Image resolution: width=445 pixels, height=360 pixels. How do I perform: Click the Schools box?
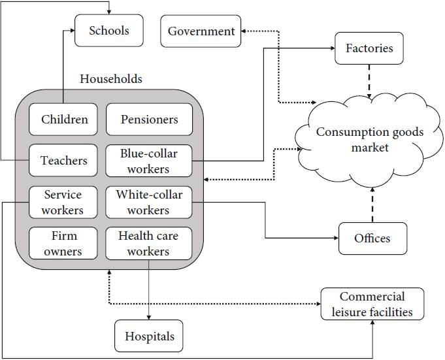[x=109, y=31]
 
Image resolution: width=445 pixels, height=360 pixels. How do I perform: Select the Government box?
[x=201, y=31]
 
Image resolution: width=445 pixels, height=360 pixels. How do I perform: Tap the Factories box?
[x=369, y=48]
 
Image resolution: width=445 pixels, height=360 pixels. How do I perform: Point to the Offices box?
[x=372, y=238]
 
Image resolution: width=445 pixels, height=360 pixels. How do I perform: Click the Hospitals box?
[x=149, y=336]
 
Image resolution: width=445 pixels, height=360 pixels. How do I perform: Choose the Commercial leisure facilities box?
[x=372, y=304]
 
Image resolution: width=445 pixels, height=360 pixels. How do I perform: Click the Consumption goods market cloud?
[x=369, y=140]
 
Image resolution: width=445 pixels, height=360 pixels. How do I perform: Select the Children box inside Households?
[x=64, y=120]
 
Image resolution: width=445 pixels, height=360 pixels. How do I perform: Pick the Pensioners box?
[x=149, y=120]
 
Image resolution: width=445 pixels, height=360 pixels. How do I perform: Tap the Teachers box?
[x=64, y=161]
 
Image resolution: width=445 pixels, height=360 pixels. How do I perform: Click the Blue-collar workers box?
[x=149, y=161]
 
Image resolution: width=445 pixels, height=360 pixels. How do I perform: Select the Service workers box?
[x=63, y=202]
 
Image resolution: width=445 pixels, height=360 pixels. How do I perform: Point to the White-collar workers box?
[x=149, y=202]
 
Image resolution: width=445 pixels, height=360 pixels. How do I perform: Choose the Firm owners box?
[x=63, y=243]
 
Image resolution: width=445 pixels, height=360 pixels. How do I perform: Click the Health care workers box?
[x=149, y=243]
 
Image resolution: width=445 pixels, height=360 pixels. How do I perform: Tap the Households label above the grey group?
[x=111, y=79]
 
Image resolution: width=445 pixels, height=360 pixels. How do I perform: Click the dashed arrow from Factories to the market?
[x=369, y=81]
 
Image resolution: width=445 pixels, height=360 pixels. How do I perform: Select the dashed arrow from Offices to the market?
[x=372, y=204]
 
